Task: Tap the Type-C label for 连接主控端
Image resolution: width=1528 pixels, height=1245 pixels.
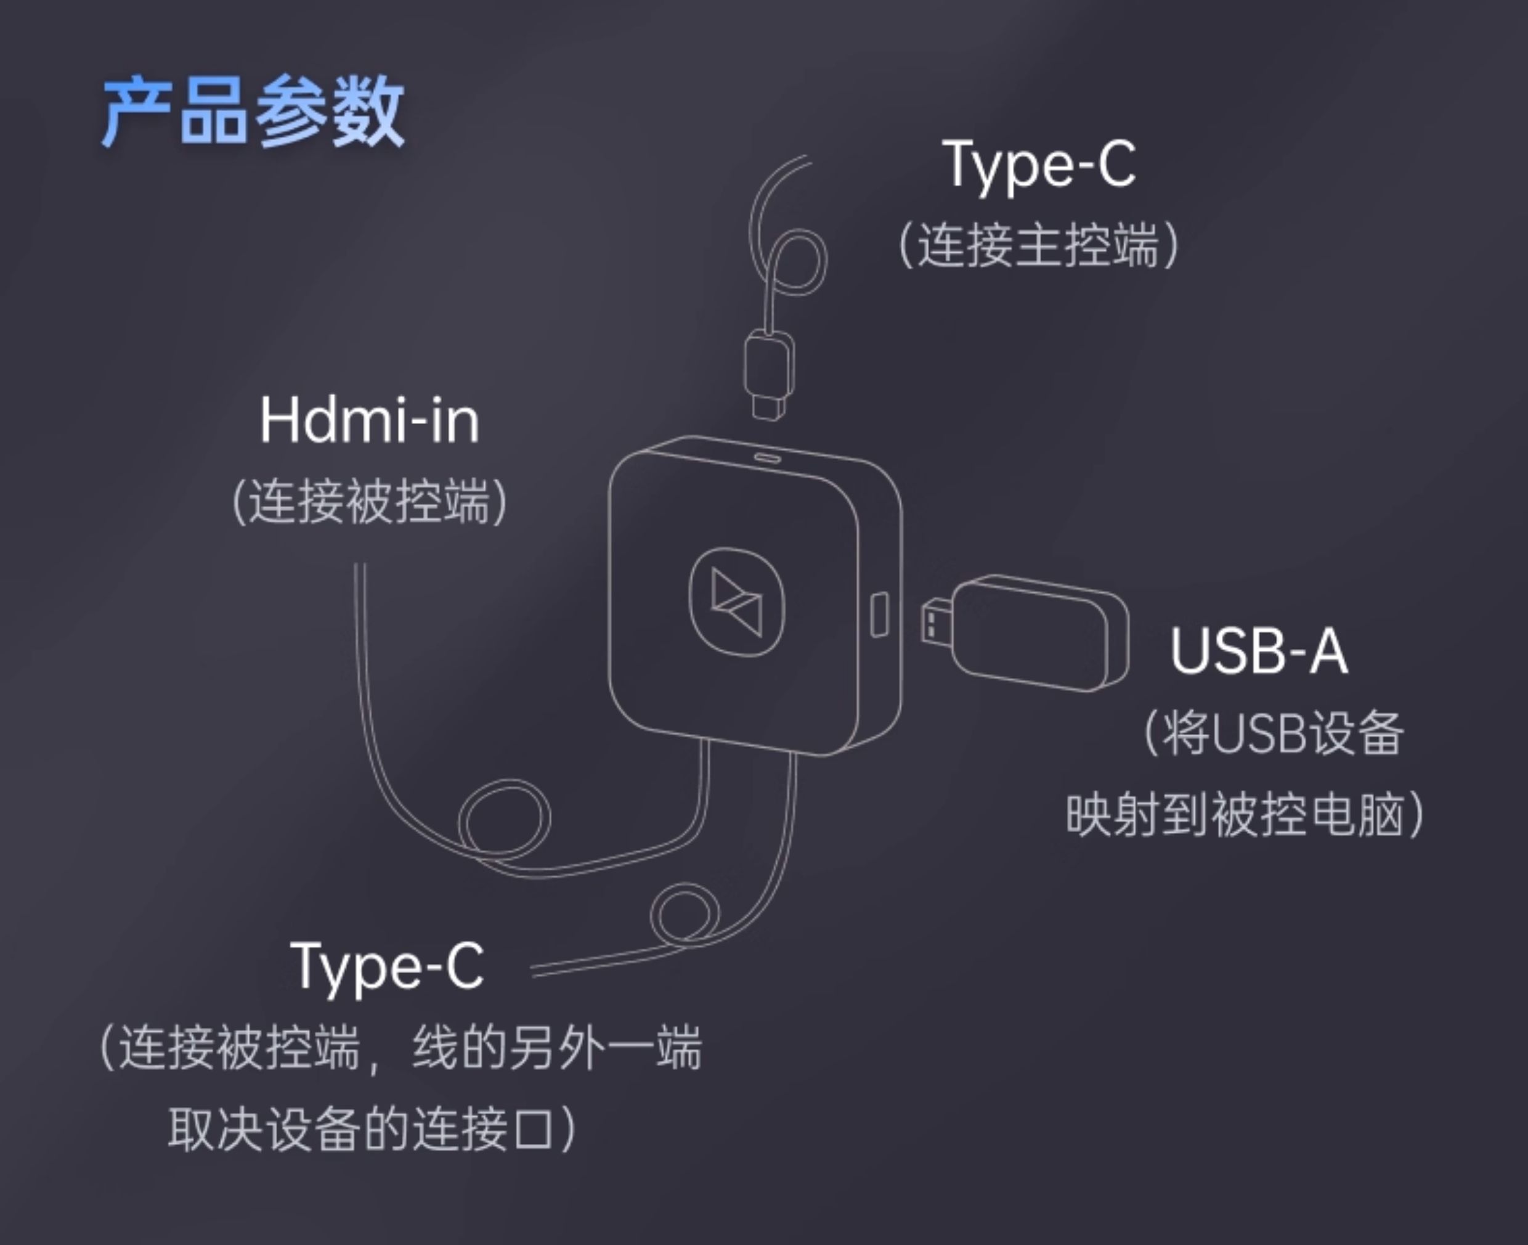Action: click(1039, 165)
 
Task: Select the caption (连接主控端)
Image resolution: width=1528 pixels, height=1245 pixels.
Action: click(1039, 245)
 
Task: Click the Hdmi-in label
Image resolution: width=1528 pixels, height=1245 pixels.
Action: click(369, 421)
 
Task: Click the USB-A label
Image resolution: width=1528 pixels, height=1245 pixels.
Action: click(1258, 651)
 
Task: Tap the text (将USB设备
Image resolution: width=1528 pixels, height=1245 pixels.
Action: click(1273, 733)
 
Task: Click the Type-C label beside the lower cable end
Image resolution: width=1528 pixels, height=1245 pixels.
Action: click(387, 966)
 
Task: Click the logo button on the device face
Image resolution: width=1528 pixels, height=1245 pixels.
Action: click(736, 602)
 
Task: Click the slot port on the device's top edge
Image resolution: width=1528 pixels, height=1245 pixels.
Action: click(767, 457)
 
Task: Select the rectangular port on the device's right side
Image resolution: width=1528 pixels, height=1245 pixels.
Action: click(879, 614)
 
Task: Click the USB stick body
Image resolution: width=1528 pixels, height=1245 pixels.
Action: click(1039, 632)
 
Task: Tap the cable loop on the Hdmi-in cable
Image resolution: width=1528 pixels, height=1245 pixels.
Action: click(504, 820)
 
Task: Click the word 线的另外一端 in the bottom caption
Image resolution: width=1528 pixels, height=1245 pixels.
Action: click(557, 1048)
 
